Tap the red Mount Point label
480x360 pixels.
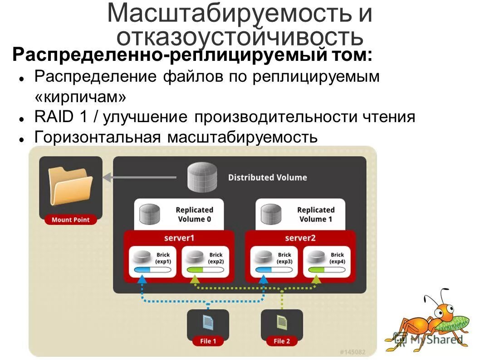[x=70, y=220]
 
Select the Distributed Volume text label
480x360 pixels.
[x=267, y=178]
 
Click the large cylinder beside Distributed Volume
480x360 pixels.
[x=202, y=178]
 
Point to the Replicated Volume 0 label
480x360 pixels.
[x=194, y=214]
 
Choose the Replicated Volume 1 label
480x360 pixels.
[x=315, y=214]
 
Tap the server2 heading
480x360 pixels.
[x=300, y=237]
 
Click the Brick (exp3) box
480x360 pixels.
[x=273, y=261]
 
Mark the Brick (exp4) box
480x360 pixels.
[x=326, y=261]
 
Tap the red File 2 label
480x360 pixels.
[x=282, y=341]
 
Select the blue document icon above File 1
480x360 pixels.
[x=208, y=323]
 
